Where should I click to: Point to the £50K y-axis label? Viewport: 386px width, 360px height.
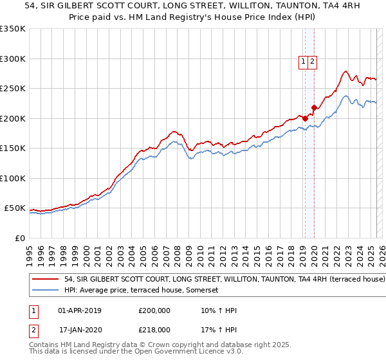tap(14, 208)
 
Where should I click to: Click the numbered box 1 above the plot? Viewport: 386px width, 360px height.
tap(303, 62)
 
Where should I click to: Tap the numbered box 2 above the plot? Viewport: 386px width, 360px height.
tap(312, 62)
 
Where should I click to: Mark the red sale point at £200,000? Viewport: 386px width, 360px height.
tap(305, 118)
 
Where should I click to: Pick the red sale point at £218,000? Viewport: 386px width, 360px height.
tap(314, 107)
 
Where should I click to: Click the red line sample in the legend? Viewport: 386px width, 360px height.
tap(44, 280)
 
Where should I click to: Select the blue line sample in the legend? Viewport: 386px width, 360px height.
tap(44, 291)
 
